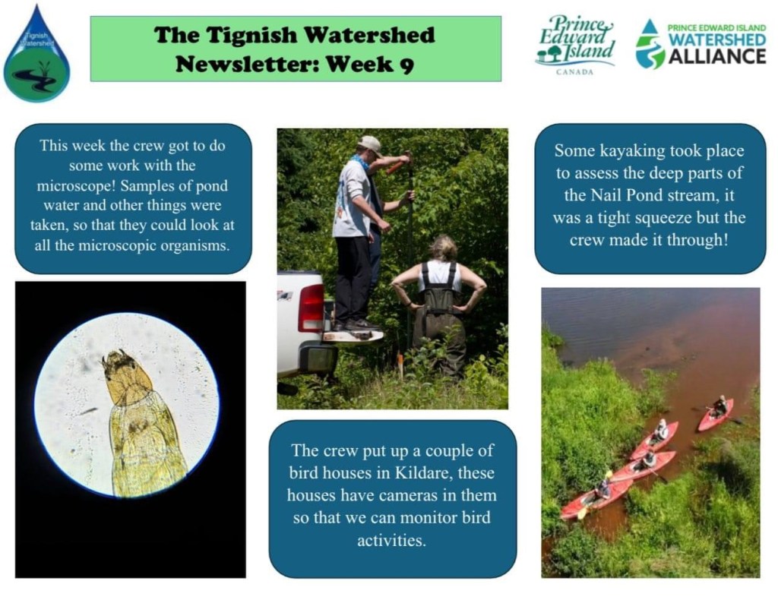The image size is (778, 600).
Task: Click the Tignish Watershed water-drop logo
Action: [36, 55]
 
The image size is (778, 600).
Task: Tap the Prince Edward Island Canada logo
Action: [576, 45]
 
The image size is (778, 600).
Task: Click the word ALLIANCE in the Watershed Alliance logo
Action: [717, 56]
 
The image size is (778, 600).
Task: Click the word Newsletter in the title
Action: [247, 64]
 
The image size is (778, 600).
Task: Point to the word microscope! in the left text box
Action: [76, 185]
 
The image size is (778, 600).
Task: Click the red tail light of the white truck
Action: [311, 308]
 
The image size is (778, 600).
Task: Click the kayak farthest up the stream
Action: [716, 415]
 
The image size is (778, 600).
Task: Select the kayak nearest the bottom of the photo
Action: [593, 499]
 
